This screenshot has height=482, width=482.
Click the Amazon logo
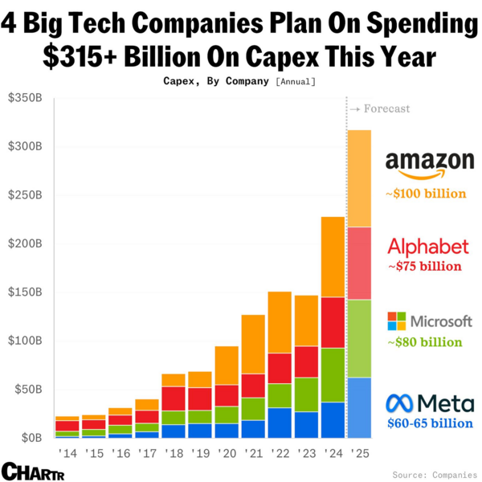(429, 165)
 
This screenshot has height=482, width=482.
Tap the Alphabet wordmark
(428, 246)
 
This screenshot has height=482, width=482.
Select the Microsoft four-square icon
(397, 321)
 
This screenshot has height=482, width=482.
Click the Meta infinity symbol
(401, 402)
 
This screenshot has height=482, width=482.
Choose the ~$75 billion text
(425, 267)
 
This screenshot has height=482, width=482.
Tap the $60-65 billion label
(429, 423)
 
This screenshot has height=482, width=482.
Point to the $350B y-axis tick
(27, 98)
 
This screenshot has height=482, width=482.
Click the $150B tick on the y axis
(27, 292)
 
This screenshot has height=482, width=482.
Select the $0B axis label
(31, 438)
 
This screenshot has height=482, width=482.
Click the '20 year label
(227, 455)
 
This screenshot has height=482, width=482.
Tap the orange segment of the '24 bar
(333, 257)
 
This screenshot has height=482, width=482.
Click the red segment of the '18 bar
(174, 398)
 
